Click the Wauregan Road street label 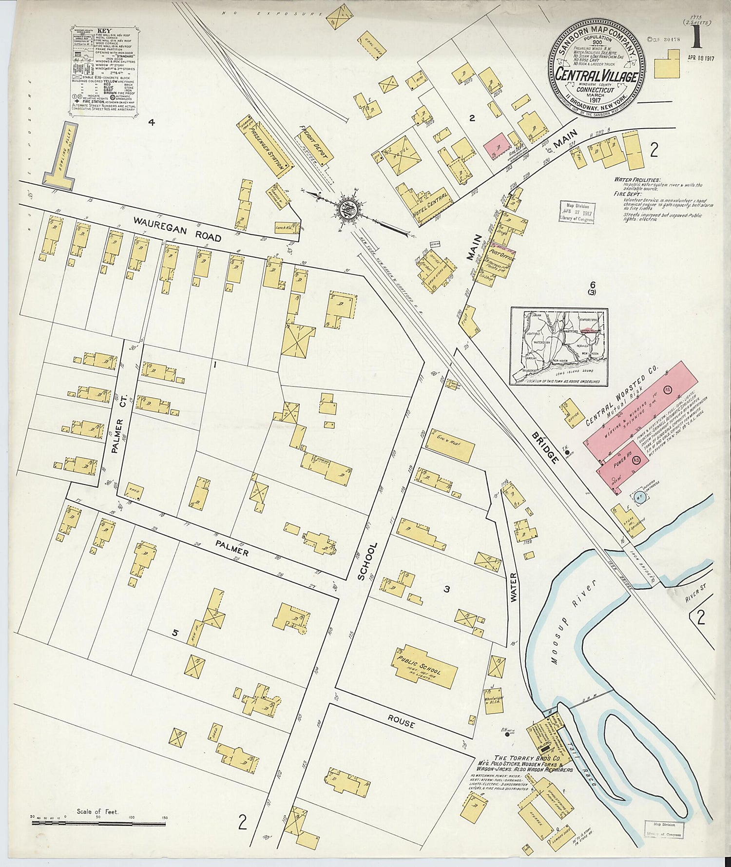pos(177,229)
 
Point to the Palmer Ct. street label pos(118,435)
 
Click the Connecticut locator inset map pos(559,346)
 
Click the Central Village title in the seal pos(596,77)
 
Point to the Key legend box pos(103,70)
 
